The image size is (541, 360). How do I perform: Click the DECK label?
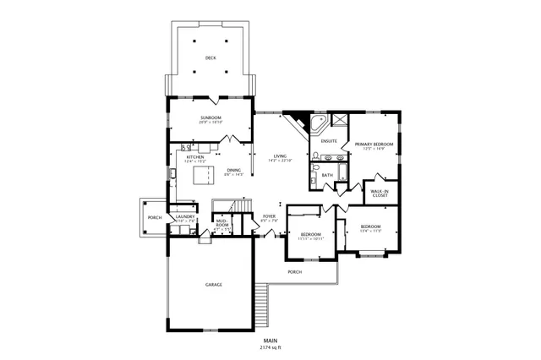[x=210, y=57]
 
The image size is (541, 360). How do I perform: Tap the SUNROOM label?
[x=210, y=117]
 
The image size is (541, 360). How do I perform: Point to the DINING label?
[x=233, y=170]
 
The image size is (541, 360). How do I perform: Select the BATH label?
[x=327, y=175]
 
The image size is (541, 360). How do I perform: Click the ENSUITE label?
[x=330, y=140]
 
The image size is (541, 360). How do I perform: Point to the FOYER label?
[x=269, y=216]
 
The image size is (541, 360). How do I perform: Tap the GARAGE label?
[x=214, y=285]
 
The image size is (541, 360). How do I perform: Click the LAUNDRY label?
[x=186, y=217]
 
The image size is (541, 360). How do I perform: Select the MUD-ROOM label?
[x=222, y=225]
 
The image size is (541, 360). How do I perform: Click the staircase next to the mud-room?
[x=232, y=208]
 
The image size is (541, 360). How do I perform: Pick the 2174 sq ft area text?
[x=270, y=347]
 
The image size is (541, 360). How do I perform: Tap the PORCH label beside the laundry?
[x=155, y=217]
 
